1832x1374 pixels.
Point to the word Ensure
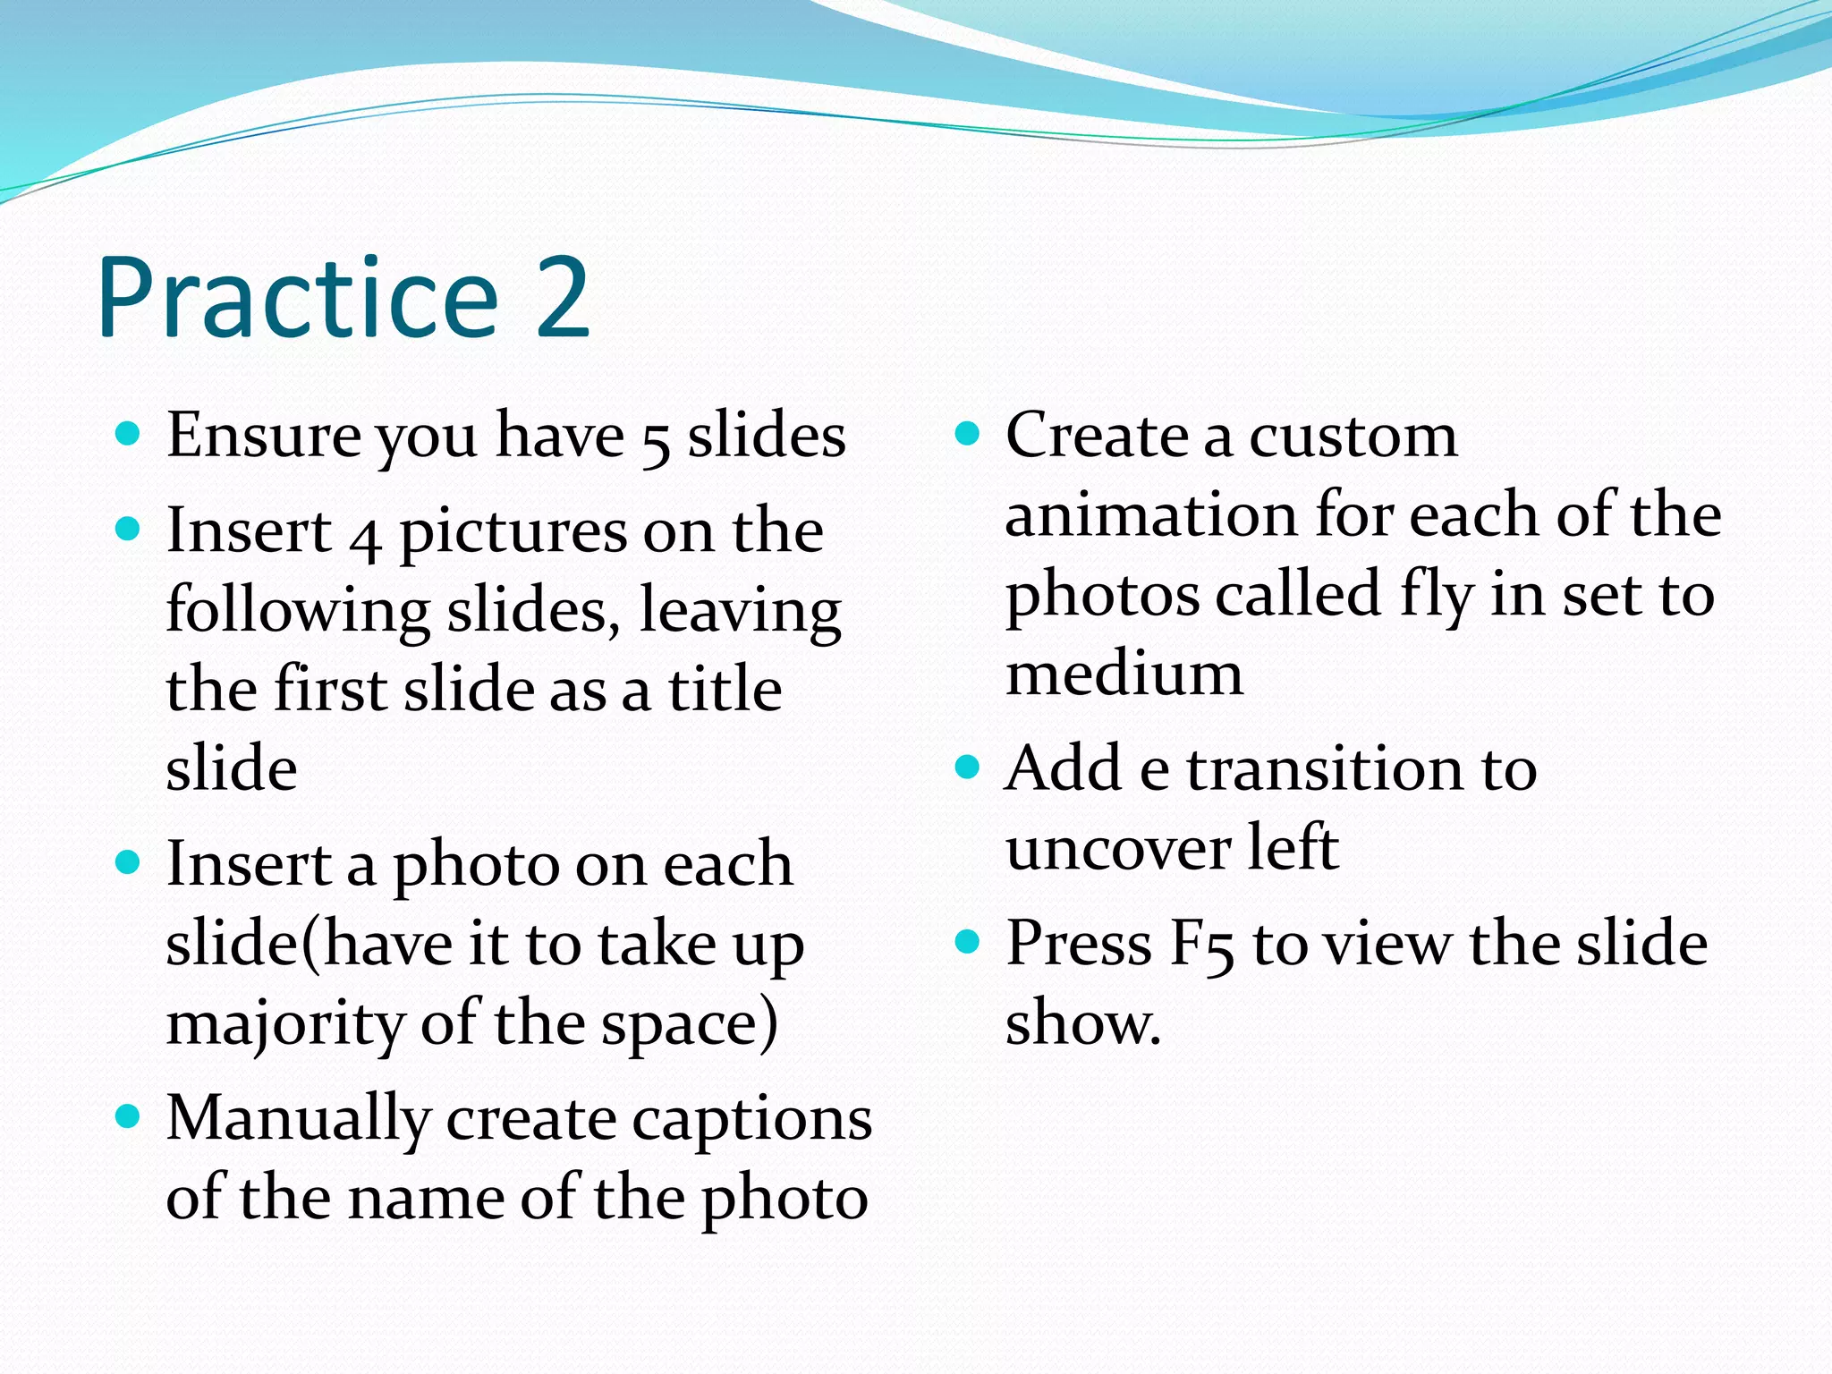262,436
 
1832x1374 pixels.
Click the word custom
1353,437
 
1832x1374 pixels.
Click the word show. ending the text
1082,1023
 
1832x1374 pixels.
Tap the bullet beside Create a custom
967,435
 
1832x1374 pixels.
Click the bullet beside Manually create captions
129,1116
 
